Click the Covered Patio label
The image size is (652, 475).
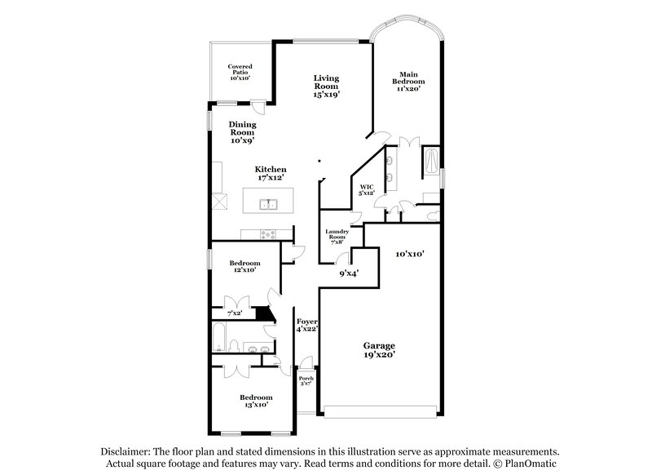239,72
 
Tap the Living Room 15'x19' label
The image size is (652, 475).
326,87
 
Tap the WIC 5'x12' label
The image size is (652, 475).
367,189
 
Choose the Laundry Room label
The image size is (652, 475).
337,237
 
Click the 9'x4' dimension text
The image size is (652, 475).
349,273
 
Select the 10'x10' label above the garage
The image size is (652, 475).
409,254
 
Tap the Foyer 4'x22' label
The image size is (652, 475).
306,324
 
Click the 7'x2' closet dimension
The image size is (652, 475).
234,313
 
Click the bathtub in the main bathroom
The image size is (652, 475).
430,162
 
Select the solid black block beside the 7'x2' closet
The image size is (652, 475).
263,313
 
